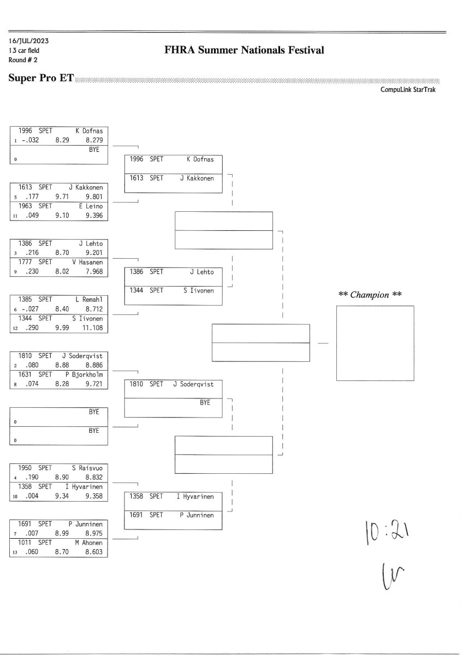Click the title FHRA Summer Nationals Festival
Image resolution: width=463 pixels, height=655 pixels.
click(x=244, y=50)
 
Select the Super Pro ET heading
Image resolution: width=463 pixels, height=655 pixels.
click(x=41, y=78)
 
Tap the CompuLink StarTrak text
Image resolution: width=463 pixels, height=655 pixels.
click(x=408, y=90)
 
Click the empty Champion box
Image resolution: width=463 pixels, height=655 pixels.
click(x=375, y=343)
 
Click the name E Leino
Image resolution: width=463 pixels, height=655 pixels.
click(x=91, y=206)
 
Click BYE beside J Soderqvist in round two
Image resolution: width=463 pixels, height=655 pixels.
click(x=205, y=402)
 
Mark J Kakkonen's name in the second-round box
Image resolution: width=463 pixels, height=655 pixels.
click(x=197, y=178)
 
